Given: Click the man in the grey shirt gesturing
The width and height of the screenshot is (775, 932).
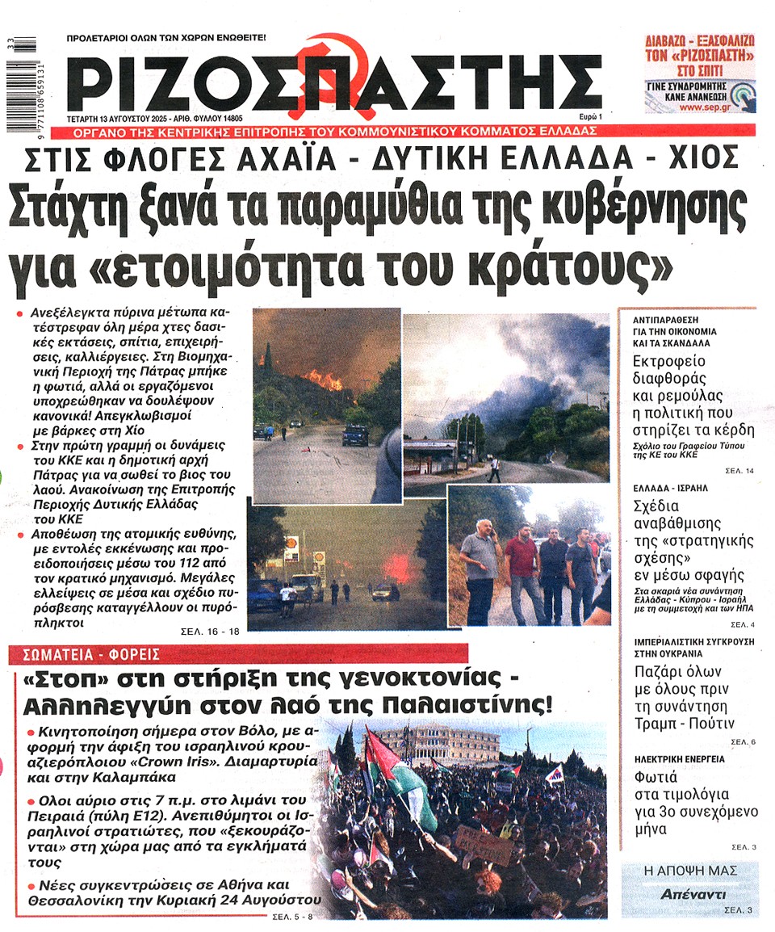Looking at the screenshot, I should tap(480, 565).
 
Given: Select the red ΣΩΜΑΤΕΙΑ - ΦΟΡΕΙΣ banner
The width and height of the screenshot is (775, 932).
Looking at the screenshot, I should tap(84, 653).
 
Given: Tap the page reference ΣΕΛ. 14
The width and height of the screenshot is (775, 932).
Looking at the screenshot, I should tap(739, 471).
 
